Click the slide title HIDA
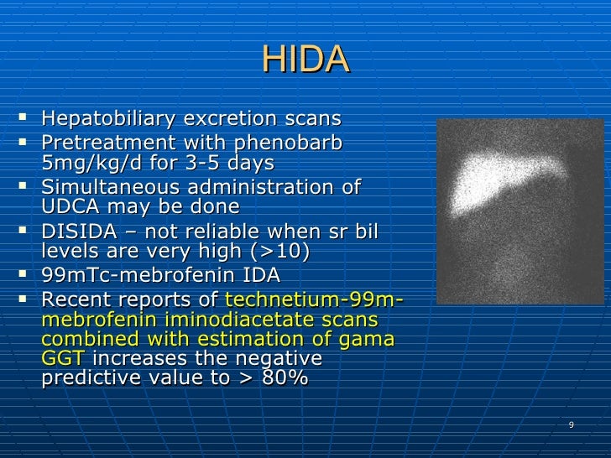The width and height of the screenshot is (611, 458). [305, 60]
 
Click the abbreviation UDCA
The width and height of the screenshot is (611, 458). [69, 206]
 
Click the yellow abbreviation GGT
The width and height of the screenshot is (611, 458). [63, 359]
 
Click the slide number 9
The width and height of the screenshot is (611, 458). [571, 424]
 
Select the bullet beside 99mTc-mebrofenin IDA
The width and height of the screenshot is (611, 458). [28, 274]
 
